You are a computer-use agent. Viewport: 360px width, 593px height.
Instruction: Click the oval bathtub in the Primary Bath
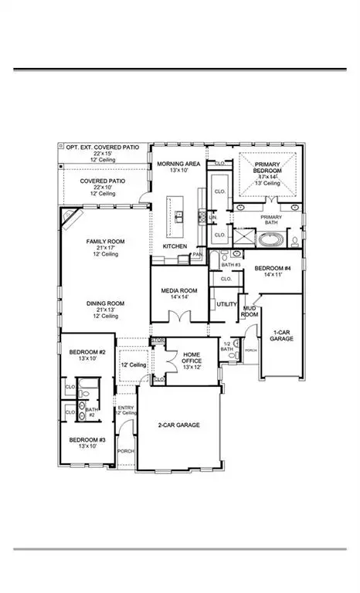coord(270,240)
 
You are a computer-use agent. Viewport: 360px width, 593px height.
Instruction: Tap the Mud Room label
coord(250,310)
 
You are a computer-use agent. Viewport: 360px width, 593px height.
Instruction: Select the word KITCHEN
coord(175,246)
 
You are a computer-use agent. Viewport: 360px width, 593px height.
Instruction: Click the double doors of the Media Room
coord(179,317)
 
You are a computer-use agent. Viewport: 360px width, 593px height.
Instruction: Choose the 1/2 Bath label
coord(227,347)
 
